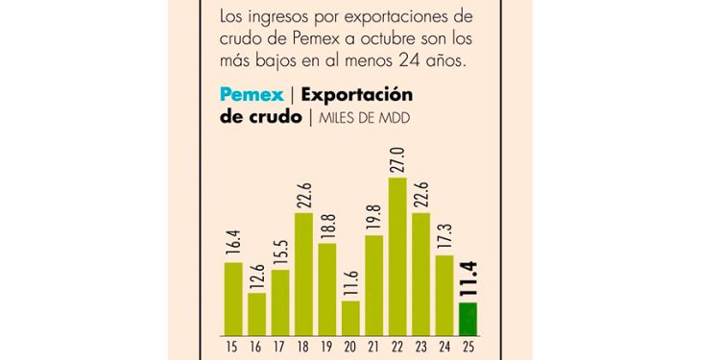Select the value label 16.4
coord(233,243)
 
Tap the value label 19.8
coord(374,217)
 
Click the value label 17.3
coord(444,237)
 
